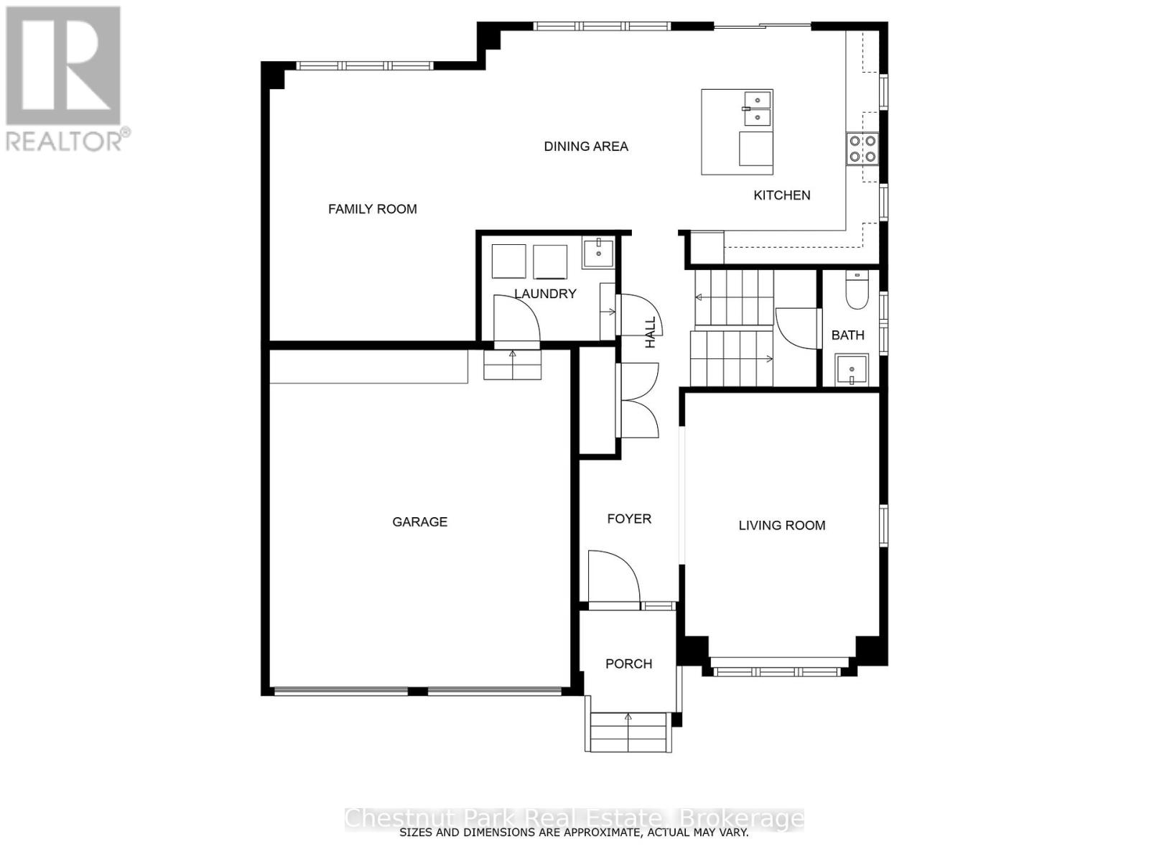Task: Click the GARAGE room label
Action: tap(419, 522)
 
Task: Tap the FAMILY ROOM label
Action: tap(372, 209)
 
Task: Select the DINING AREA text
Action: tap(585, 147)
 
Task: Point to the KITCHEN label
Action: tap(781, 195)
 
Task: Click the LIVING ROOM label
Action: tap(781, 526)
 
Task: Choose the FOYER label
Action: tap(628, 519)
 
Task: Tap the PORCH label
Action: tap(628, 664)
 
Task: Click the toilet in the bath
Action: tap(856, 293)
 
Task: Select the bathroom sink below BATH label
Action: tap(852, 369)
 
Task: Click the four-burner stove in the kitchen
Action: tap(862, 148)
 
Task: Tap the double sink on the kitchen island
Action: tap(757, 108)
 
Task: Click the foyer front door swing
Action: tap(613, 576)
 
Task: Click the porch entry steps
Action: tap(628, 732)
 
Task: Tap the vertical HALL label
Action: tap(651, 333)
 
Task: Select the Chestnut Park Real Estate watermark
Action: tap(574, 818)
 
